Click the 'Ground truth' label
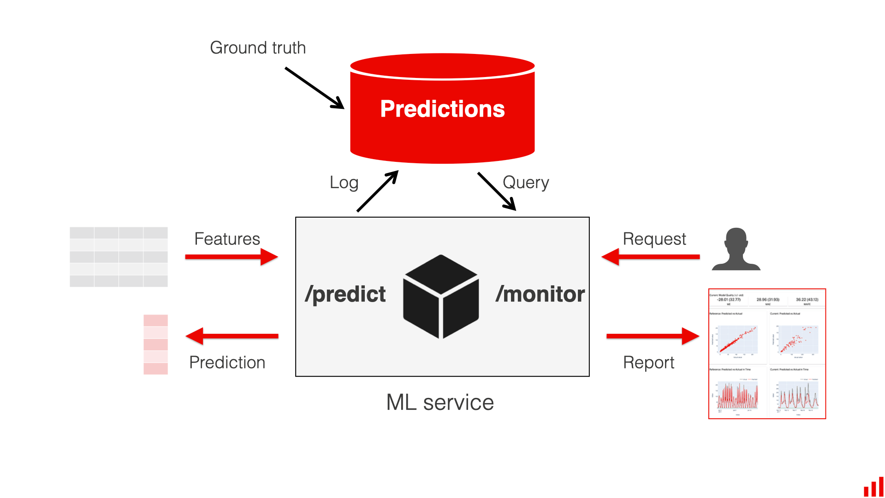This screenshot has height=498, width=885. tap(257, 47)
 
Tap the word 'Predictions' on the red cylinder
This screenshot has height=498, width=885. tap(442, 109)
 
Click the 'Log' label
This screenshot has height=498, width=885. tap(344, 183)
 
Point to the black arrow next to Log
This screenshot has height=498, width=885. tap(377, 191)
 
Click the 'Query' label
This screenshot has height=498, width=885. tap(525, 183)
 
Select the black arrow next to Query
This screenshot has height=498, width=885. tap(497, 191)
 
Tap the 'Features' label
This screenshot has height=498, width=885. tap(227, 239)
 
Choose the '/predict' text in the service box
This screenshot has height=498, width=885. tap(345, 294)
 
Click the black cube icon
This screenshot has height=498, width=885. tap(441, 296)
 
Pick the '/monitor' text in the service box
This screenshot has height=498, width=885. tap(540, 294)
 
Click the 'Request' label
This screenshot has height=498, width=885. tap(654, 239)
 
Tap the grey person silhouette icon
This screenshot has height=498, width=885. tap(736, 249)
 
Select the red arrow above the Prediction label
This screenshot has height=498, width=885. tap(232, 336)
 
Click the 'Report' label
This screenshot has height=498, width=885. tap(648, 362)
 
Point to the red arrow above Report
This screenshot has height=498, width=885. tap(653, 336)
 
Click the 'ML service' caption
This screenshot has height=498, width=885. tap(440, 402)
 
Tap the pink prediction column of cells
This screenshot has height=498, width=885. tap(155, 344)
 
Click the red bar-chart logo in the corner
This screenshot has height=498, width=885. tap(873, 487)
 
